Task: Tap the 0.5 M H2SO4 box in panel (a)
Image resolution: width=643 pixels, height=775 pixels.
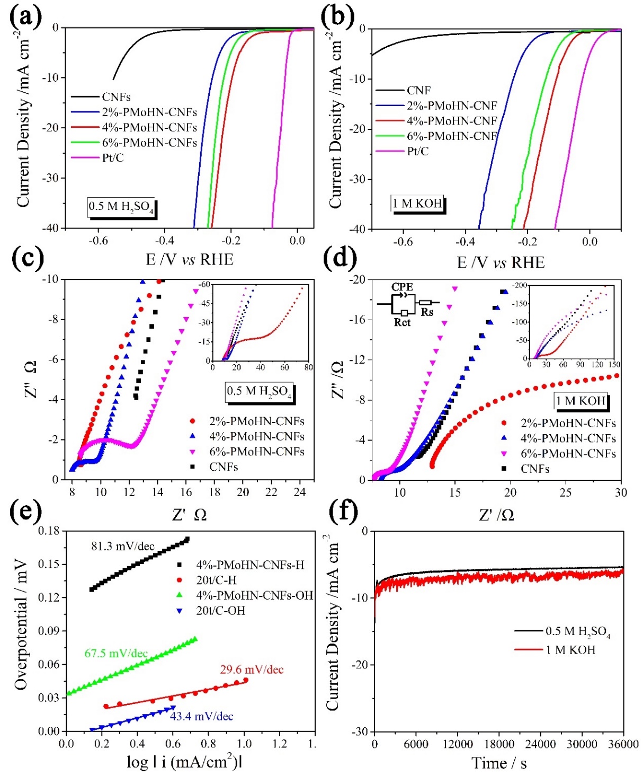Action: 121,207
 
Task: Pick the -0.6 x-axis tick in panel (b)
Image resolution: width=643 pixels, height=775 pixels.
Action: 403,242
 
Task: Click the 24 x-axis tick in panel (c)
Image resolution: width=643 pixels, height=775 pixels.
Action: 300,492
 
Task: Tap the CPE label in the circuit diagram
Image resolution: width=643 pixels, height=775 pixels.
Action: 402,287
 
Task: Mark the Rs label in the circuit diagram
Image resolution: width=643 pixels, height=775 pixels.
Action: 427,312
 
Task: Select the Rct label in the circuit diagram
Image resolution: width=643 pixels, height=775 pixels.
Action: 402,322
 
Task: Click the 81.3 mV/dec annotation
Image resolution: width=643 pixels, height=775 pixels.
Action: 123,546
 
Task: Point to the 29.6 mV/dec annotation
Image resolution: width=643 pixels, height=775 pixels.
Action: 252,670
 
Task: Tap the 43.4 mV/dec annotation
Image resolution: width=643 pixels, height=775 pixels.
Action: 201,716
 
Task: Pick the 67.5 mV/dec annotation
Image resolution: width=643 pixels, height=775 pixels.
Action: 116,653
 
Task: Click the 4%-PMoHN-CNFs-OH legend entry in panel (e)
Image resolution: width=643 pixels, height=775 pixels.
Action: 254,595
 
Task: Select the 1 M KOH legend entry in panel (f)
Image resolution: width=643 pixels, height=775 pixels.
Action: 570,649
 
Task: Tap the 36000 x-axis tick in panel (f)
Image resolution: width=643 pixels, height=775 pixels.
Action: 623,744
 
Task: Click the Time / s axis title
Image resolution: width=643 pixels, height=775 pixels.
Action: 499,763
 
